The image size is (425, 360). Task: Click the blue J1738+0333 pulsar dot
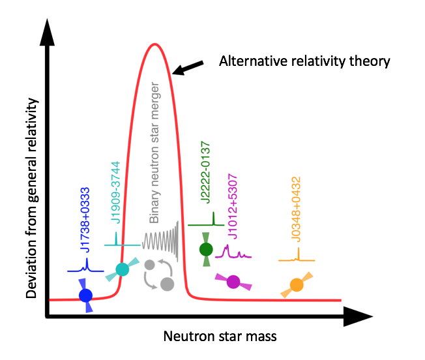coord(85,295)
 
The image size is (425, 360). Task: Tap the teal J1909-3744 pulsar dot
coord(123,269)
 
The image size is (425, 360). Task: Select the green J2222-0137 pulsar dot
coord(206,249)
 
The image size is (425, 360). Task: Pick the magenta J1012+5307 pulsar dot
coord(233,282)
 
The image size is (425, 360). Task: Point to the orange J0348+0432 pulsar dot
coord(297,285)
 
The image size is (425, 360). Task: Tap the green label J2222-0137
coord(205,172)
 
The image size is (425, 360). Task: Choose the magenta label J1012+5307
coord(233,207)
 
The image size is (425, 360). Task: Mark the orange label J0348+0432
coord(296,209)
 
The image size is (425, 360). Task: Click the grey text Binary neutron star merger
coord(154,153)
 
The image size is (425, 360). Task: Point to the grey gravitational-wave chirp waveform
coord(160,241)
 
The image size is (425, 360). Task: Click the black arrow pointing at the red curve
coord(188,68)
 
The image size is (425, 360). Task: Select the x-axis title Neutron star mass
coord(220,337)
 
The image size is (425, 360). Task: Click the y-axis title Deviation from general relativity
coord(32,198)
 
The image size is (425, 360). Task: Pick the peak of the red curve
coord(154,44)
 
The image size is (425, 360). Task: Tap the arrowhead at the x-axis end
coord(359,316)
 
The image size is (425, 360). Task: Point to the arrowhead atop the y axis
coord(47,32)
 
